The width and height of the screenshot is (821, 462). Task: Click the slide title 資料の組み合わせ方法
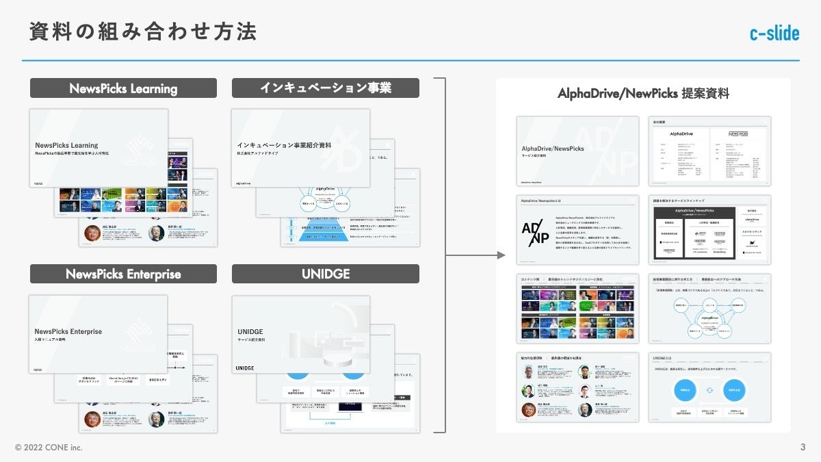(143, 31)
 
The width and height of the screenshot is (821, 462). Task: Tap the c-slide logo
(774, 33)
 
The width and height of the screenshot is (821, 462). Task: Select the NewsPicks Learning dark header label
(123, 88)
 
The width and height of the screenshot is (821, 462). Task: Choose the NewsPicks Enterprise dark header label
(123, 274)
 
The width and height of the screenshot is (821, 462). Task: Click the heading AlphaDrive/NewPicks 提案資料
(643, 94)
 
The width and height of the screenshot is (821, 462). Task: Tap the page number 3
(803, 447)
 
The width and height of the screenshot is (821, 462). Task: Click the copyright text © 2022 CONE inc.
(49, 447)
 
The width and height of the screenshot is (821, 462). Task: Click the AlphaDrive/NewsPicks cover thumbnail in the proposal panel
(577, 151)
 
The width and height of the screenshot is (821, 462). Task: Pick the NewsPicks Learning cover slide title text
(66, 145)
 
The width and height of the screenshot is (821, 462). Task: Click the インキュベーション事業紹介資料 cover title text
(283, 145)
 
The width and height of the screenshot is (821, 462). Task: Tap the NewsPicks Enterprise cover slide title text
(68, 331)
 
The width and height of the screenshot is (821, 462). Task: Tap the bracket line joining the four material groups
(445, 255)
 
